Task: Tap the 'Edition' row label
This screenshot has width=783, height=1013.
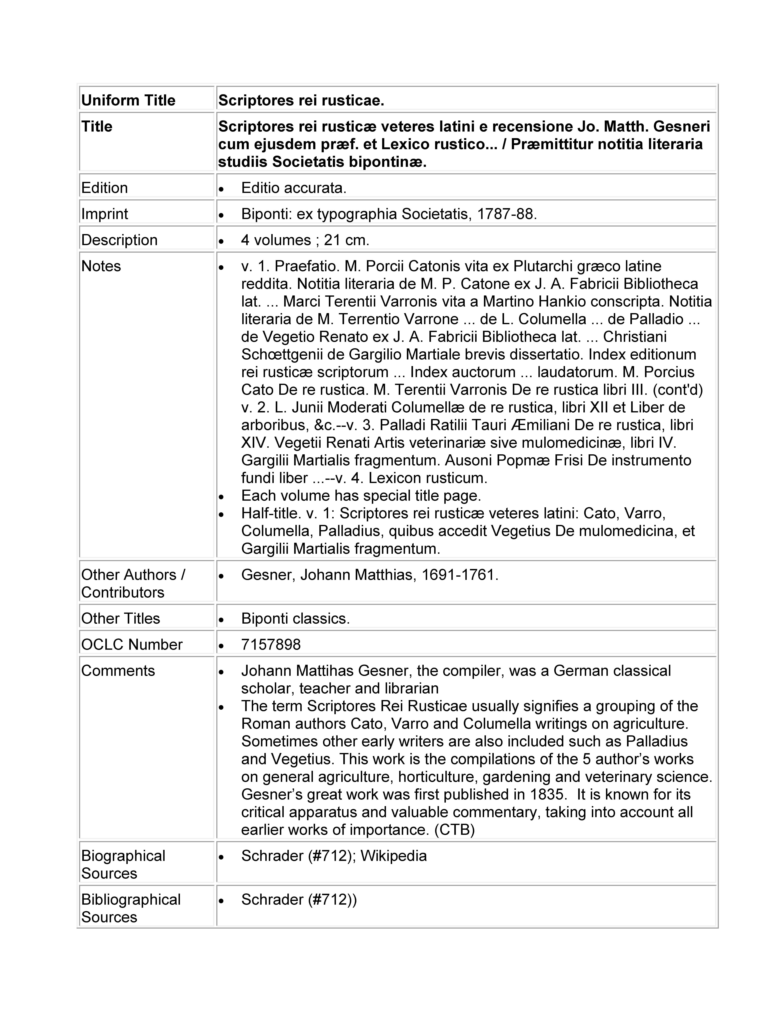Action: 104,188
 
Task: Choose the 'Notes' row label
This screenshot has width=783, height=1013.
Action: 101,266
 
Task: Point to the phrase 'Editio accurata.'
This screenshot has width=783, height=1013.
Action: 294,188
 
